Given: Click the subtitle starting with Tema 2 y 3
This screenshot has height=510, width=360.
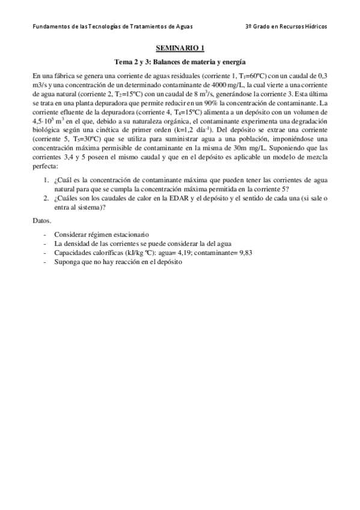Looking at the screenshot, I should pyautogui.click(x=180, y=62).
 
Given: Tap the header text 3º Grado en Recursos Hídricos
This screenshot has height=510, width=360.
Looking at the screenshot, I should pyautogui.click(x=287, y=27).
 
